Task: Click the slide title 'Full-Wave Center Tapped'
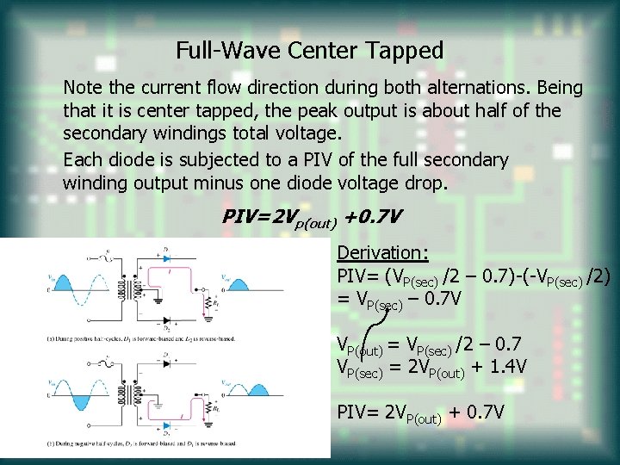(x=309, y=51)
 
